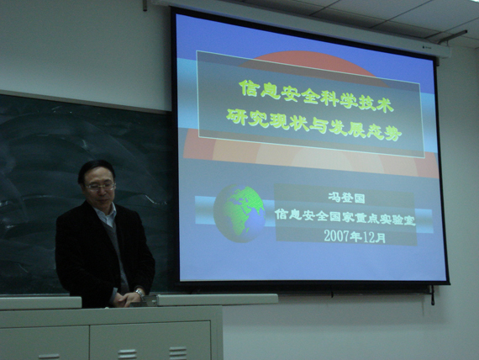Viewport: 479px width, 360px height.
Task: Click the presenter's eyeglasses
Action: pos(101,186)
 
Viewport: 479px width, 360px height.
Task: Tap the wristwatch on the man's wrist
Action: pos(139,293)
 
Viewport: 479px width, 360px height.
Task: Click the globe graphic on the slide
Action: pos(239,213)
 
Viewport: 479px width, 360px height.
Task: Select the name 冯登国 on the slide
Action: pos(346,198)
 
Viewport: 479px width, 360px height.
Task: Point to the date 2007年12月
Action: pos(355,236)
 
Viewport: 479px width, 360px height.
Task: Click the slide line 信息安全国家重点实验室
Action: pos(345,217)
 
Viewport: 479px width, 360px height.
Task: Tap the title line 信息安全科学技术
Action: pos(315,96)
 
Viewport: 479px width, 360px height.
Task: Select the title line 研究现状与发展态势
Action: pos(313,124)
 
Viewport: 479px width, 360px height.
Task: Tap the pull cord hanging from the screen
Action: pos(433,295)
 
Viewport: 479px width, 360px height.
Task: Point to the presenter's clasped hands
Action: pos(126,299)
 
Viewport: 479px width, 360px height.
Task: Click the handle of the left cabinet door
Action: pos(49,357)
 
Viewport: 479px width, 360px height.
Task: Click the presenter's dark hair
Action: pos(95,171)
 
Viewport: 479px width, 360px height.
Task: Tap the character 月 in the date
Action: pos(381,238)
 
